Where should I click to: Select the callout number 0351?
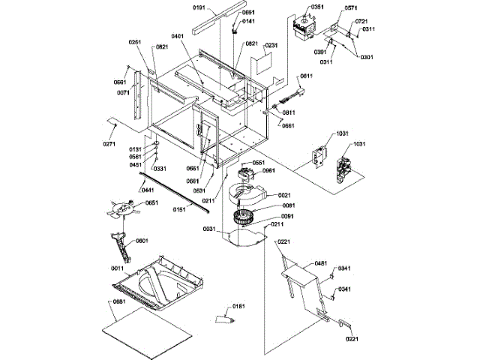[x=317, y=7]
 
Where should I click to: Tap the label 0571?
[x=350, y=7]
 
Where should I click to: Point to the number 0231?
[x=271, y=46]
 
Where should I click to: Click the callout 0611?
[x=306, y=76]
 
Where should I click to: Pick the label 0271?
[x=110, y=143]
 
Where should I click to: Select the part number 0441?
[x=148, y=190]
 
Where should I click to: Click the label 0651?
[x=151, y=203]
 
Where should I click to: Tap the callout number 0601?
[x=142, y=241]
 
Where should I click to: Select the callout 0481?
[x=320, y=263]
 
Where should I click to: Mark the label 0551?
[x=258, y=163]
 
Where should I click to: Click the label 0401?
[x=178, y=36]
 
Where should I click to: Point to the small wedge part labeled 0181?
[x=224, y=319]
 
